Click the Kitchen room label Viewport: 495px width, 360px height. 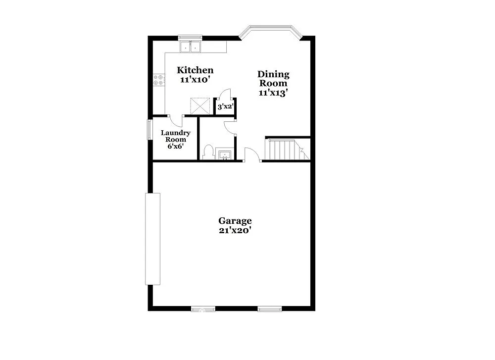point(196,70)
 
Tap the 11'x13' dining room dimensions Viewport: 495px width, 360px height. point(273,93)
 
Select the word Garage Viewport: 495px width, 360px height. point(235,221)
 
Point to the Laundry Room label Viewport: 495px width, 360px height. point(176,136)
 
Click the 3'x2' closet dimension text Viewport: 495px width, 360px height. point(225,106)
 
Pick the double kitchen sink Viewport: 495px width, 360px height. point(190,47)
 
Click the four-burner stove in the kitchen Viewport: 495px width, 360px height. point(159,79)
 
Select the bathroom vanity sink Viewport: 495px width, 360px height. point(225,154)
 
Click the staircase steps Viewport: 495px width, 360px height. point(284,150)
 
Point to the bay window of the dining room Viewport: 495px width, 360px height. point(270,33)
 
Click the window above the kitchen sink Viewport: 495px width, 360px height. point(190,37)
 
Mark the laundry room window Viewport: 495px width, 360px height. point(149,130)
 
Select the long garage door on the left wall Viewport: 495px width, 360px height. point(152,239)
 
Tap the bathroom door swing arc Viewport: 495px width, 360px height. point(230,126)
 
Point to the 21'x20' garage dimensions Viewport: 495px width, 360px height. point(235,231)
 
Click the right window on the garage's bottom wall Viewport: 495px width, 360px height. point(270,309)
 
